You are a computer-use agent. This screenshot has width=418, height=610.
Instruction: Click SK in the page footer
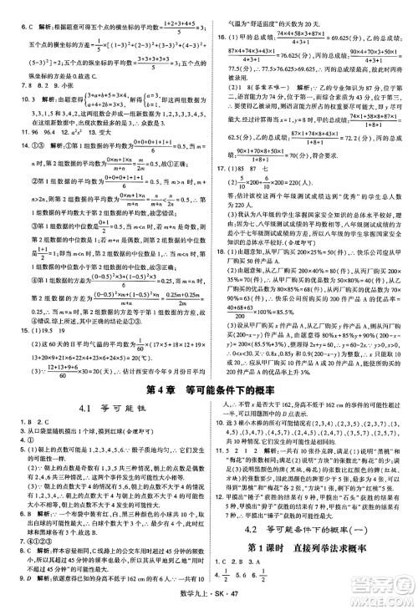pyautogui.click(x=222, y=601)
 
